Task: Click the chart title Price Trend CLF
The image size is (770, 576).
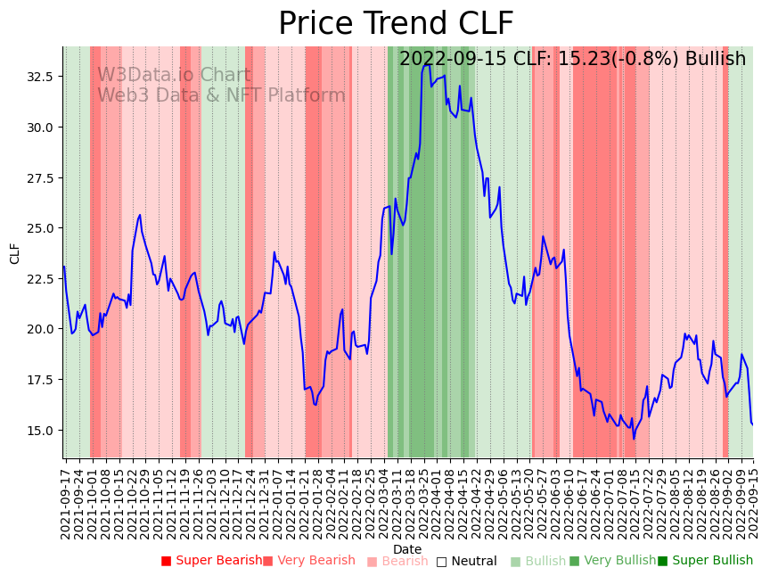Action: click(396, 23)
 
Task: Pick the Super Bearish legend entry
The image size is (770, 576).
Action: click(212, 561)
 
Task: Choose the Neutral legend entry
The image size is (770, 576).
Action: click(466, 561)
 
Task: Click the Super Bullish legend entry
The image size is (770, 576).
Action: click(705, 561)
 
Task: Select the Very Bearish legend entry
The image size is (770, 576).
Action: click(309, 561)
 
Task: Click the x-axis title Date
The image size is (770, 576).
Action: click(407, 549)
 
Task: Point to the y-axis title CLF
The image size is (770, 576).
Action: click(15, 253)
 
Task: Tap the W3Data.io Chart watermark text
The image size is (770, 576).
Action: click(174, 76)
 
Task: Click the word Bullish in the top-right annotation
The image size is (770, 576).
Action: click(713, 59)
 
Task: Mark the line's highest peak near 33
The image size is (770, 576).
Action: click(427, 64)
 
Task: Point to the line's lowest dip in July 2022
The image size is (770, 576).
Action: click(635, 438)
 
